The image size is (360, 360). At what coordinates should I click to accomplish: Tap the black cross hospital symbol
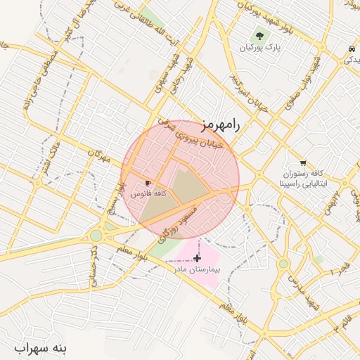[197, 259]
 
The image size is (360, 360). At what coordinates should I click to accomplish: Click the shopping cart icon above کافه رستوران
[302, 162]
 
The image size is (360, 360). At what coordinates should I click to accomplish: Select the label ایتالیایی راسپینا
[302, 182]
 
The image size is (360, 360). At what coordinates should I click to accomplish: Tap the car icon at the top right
[350, 49]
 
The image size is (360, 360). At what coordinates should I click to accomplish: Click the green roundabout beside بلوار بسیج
[96, 235]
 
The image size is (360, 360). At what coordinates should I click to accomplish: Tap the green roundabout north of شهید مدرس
[283, 264]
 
